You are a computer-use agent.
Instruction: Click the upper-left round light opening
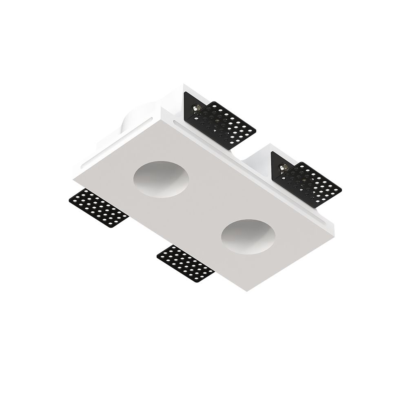161,180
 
